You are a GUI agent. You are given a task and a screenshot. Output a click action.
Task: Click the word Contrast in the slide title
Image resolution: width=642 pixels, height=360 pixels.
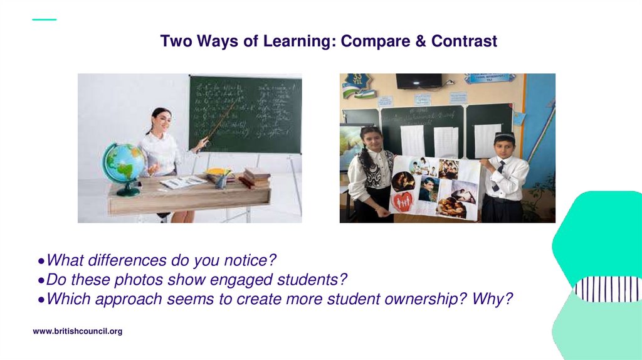pyautogui.click(x=464, y=41)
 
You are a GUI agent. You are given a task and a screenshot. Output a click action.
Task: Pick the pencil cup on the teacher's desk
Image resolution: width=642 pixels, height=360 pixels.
pyautogui.click(x=221, y=181)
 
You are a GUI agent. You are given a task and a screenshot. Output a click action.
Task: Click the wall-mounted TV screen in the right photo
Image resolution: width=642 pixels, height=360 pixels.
pyautogui.click(x=418, y=80)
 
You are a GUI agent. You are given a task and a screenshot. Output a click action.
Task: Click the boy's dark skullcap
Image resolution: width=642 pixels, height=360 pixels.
pyautogui.click(x=504, y=136)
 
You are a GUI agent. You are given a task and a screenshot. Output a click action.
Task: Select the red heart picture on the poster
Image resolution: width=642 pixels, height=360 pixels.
pyautogui.click(x=402, y=201)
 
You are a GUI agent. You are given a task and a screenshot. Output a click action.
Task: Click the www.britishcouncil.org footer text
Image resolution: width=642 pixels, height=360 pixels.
pyautogui.click(x=77, y=331)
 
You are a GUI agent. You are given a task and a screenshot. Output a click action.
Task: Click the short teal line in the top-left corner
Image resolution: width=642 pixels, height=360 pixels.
pyautogui.click(x=44, y=19)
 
